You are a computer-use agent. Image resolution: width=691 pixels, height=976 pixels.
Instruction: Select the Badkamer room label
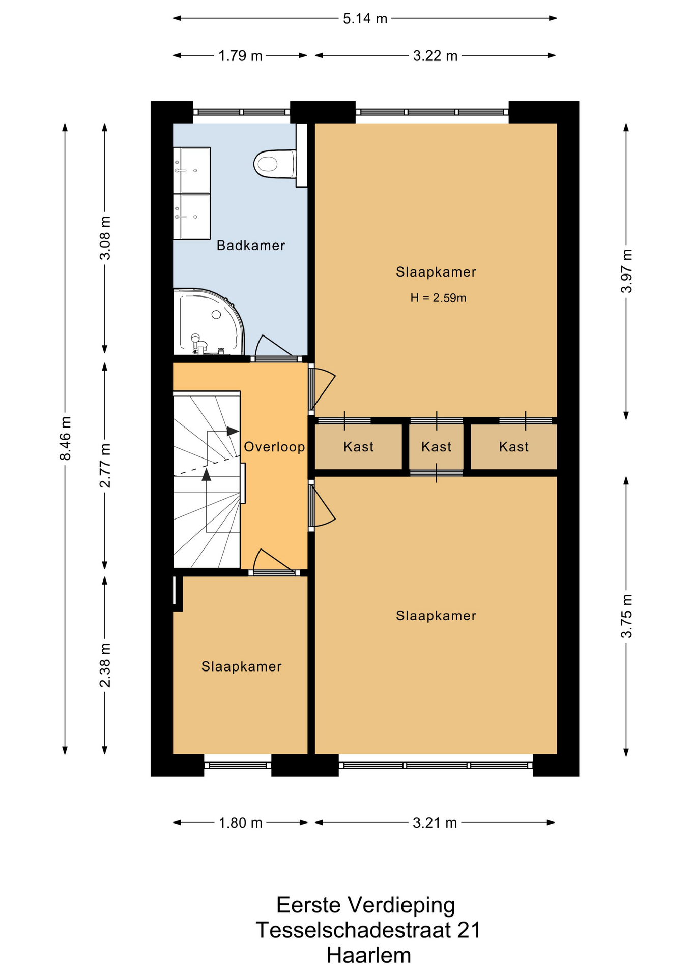[x=251, y=246]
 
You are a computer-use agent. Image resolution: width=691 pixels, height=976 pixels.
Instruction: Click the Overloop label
[x=274, y=447]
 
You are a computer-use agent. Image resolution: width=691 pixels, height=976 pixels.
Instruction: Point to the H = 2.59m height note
[x=439, y=298]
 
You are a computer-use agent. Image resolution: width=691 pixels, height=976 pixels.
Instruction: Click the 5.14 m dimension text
[x=365, y=19]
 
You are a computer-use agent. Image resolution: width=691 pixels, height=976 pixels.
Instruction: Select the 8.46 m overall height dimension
[x=65, y=438]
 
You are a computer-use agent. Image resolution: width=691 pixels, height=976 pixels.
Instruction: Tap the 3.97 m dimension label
[x=626, y=271]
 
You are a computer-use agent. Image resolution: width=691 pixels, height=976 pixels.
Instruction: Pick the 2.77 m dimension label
[x=105, y=465]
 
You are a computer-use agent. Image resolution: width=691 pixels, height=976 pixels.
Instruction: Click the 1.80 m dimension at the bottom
[x=241, y=822]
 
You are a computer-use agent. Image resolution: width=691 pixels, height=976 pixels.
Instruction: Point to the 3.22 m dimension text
[x=436, y=56]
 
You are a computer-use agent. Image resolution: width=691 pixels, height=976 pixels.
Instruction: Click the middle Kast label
[x=437, y=447]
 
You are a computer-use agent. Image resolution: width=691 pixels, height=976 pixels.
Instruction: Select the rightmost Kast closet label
[x=514, y=447]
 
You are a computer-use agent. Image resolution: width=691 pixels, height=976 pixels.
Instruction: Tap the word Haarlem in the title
[x=369, y=955]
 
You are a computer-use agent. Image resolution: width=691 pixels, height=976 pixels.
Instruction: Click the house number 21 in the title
[x=469, y=930]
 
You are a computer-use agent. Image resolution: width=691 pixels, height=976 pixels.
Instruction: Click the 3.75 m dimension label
[x=626, y=616]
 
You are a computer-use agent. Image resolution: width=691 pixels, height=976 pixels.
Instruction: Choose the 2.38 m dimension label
[x=105, y=665]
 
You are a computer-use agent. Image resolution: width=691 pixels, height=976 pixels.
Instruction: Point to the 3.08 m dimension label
[x=105, y=238]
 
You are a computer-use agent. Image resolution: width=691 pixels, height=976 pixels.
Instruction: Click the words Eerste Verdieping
[x=366, y=905]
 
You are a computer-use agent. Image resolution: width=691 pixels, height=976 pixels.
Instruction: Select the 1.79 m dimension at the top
[x=241, y=56]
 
